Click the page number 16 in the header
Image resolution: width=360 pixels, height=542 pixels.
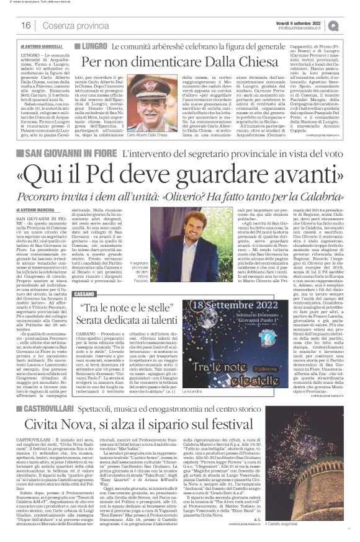26,25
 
